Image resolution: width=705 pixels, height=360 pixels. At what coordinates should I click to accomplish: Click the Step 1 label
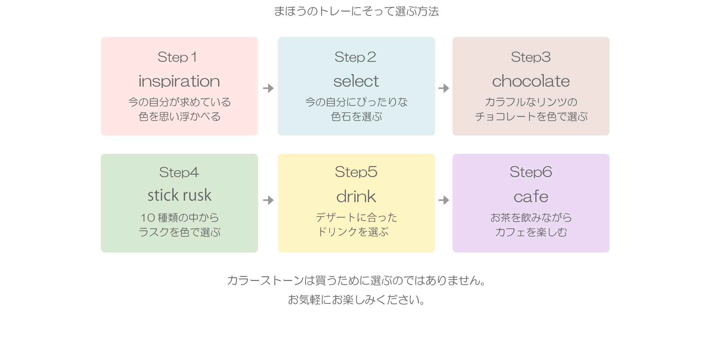[177, 57]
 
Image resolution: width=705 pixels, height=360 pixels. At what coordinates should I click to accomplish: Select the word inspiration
[179, 81]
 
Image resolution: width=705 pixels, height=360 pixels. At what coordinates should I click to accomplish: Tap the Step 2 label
[355, 57]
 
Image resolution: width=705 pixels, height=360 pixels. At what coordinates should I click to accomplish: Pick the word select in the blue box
[356, 81]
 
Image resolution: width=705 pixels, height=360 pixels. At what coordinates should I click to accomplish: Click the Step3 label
[531, 57]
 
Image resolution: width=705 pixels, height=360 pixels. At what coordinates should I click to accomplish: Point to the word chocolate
[531, 81]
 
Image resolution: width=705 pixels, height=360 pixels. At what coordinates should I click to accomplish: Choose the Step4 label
[179, 172]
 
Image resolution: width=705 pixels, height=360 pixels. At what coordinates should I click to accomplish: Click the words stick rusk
[180, 195]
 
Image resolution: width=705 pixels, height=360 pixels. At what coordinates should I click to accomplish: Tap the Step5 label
[356, 172]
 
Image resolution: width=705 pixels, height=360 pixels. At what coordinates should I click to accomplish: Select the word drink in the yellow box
[356, 197]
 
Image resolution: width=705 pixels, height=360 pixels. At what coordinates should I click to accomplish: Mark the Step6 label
[531, 172]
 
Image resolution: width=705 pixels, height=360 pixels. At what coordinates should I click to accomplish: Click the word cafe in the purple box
[531, 197]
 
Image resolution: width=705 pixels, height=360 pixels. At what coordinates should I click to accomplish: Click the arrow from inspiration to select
[268, 88]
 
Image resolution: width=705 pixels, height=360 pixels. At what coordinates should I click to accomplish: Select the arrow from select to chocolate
[444, 88]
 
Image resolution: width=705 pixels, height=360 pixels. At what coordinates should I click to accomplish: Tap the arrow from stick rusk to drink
[268, 200]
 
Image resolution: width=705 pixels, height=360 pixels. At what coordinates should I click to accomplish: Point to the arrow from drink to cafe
[444, 200]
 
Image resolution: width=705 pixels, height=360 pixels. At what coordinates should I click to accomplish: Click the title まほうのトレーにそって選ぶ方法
[357, 11]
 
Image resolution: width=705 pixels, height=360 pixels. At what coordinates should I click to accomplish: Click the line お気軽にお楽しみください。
[357, 300]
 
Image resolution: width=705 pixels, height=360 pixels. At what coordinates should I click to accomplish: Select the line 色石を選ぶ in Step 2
[357, 117]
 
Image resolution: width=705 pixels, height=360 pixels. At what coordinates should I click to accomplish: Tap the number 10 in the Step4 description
[148, 218]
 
